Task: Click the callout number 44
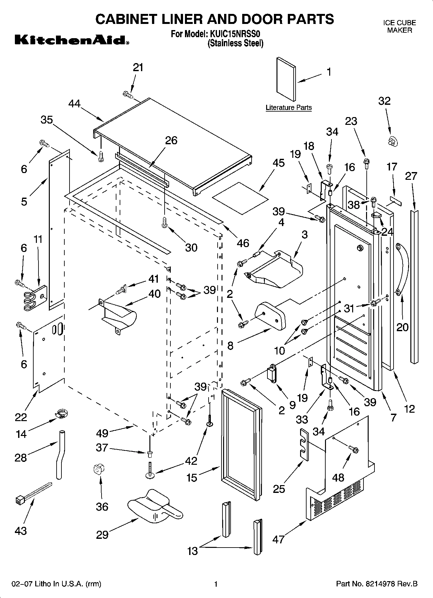pos(74,104)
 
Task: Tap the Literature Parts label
pos(288,108)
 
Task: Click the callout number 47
pos(278,539)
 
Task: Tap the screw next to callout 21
pos(128,94)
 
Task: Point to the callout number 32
pos(384,101)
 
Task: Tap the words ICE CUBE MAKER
pos(399,27)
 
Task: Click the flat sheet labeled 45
pos(240,198)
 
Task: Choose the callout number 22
pos(21,417)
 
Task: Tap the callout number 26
pos(171,140)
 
